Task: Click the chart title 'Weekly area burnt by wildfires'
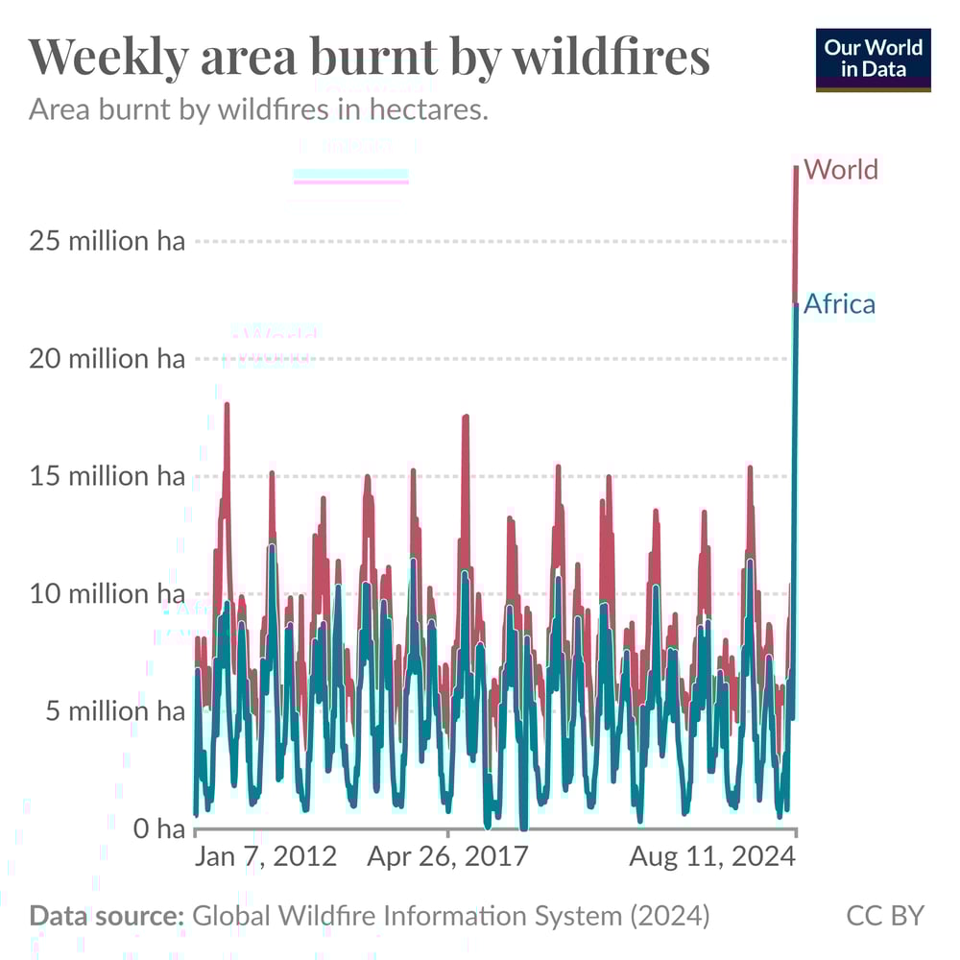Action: [x=370, y=58]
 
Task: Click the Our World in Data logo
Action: [x=873, y=60]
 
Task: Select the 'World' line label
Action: [x=841, y=170]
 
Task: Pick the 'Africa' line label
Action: [x=839, y=304]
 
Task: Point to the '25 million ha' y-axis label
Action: [x=107, y=241]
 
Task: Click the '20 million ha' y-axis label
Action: [x=107, y=359]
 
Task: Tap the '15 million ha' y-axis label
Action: [x=107, y=477]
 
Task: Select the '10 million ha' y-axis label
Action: [x=107, y=594]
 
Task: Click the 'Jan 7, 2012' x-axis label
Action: [x=266, y=855]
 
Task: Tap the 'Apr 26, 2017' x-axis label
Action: [x=447, y=855]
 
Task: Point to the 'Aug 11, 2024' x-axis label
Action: [x=712, y=855]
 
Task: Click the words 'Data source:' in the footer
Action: [x=107, y=916]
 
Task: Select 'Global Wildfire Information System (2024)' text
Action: [x=451, y=916]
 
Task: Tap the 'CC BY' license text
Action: [x=884, y=916]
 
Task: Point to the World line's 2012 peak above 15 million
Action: [x=227, y=405]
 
